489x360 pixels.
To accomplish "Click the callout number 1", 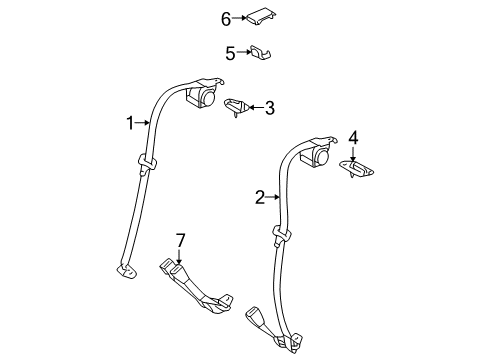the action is (129, 123).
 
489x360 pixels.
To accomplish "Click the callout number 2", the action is (259, 197).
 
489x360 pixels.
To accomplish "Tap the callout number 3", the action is (268, 107).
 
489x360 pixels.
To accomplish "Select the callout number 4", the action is (353, 138).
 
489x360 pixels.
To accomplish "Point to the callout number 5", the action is (229, 52).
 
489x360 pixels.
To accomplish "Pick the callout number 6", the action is (225, 17).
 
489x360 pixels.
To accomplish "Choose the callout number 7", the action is (179, 240).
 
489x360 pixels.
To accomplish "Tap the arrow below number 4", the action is (353, 151).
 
